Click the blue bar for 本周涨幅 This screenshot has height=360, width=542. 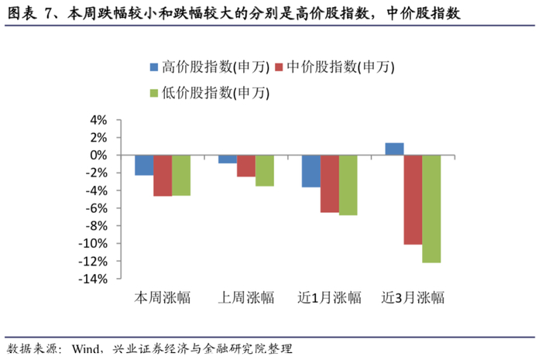(x=144, y=165)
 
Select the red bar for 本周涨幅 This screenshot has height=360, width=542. (x=163, y=176)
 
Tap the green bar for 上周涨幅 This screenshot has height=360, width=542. (x=265, y=170)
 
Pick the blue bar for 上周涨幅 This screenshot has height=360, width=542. (x=228, y=159)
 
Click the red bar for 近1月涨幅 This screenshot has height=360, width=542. (x=330, y=183)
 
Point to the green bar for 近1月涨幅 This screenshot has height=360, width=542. (x=348, y=185)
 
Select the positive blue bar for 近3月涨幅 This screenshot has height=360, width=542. (x=395, y=149)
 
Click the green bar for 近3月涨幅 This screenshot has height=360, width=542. (x=432, y=209)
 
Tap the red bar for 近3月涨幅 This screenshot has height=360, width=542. (x=413, y=200)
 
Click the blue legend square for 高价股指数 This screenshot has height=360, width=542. (x=154, y=67)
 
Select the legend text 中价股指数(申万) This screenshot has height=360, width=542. (x=341, y=67)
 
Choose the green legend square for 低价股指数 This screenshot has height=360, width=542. (x=154, y=93)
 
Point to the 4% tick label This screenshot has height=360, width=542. (x=98, y=120)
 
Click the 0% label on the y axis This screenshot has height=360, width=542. (x=98, y=156)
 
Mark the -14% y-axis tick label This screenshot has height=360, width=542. (x=93, y=279)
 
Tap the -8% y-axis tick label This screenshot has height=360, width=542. (x=96, y=226)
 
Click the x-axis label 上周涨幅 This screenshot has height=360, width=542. (x=246, y=297)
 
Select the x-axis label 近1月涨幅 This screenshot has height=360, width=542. (x=329, y=297)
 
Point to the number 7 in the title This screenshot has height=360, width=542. (x=48, y=14)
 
